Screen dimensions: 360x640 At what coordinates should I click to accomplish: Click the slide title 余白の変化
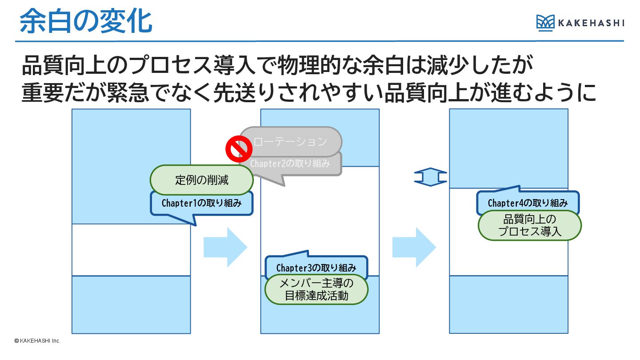[x=86, y=21]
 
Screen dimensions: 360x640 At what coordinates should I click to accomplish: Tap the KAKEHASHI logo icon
[x=545, y=22]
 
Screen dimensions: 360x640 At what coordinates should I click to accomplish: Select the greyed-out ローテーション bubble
[x=291, y=141]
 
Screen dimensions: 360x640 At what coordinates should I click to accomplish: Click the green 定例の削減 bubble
[x=202, y=180]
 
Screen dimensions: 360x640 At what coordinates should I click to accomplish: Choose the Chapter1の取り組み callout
[x=202, y=204]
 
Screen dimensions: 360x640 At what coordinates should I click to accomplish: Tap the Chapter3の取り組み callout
[x=316, y=268]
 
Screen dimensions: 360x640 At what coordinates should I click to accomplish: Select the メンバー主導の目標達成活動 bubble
[x=316, y=289]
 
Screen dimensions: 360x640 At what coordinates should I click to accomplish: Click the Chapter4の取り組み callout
[x=528, y=203]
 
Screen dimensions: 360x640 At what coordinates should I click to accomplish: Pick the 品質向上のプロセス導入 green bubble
[x=530, y=225]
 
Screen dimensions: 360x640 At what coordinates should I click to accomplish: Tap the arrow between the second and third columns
[x=414, y=247]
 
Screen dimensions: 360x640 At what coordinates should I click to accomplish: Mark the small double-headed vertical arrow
[x=430, y=177]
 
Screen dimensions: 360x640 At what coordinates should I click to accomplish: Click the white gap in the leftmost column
[x=131, y=250]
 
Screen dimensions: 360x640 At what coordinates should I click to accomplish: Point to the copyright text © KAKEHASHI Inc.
[x=37, y=341]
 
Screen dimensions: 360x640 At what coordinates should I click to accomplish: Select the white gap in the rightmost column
[x=508, y=258]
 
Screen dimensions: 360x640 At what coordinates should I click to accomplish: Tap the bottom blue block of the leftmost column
[x=131, y=304]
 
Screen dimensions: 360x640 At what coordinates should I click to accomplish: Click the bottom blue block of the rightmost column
[x=508, y=304]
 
